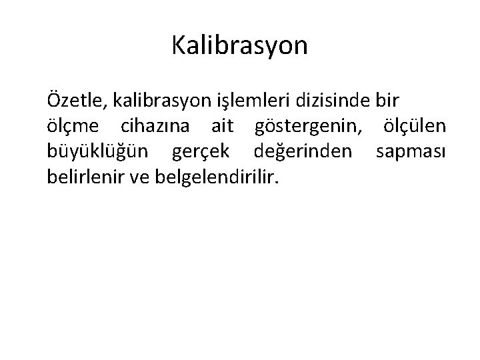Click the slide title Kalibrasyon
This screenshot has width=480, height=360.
(239, 45)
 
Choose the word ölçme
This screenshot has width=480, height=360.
(73, 127)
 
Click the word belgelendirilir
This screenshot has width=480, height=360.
(215, 177)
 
